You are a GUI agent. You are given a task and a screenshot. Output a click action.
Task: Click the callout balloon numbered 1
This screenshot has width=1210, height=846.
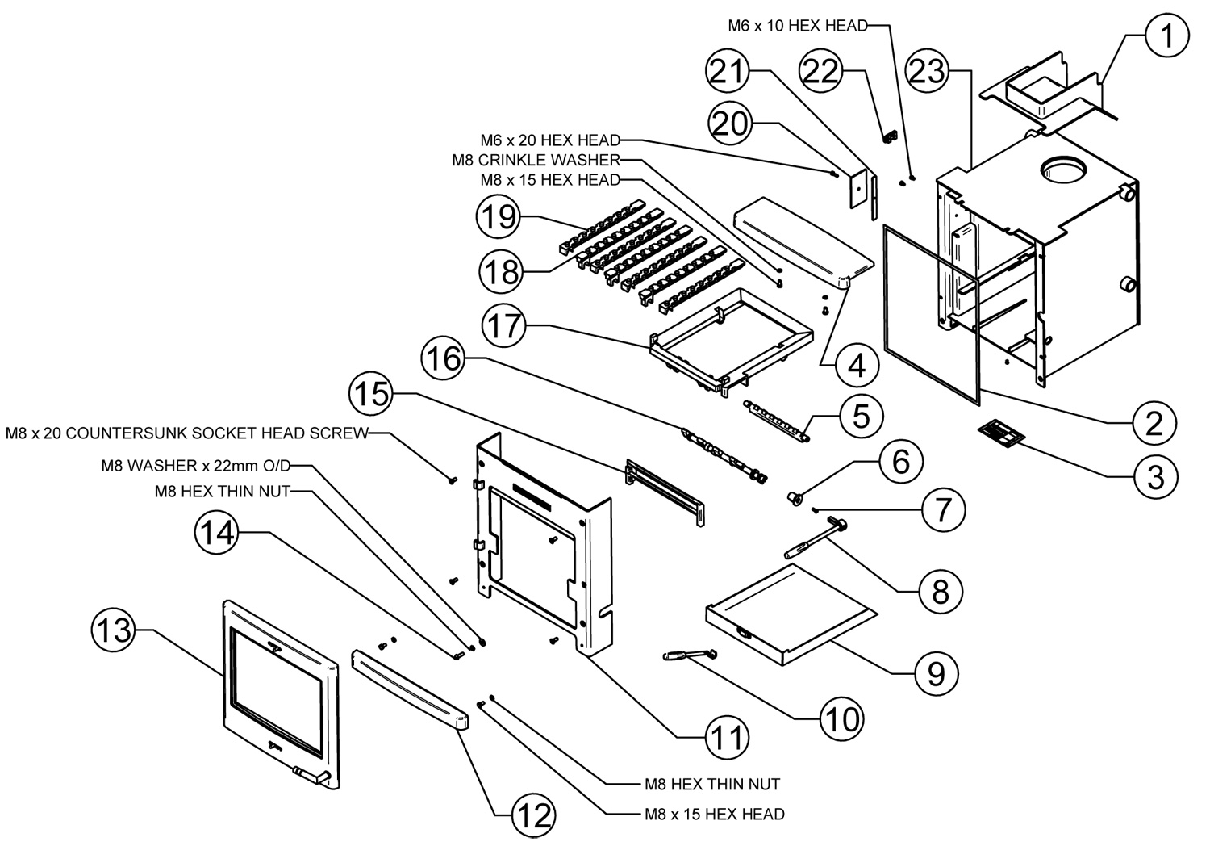click(x=1166, y=36)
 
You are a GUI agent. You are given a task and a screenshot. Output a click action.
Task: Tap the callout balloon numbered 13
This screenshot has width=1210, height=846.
click(x=114, y=630)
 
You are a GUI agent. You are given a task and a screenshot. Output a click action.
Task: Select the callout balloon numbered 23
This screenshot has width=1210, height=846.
click(x=927, y=71)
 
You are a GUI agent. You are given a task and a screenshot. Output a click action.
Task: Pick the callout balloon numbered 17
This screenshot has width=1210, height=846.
click(x=503, y=325)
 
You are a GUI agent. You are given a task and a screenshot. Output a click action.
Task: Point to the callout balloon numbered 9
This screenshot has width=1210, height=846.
click(x=936, y=673)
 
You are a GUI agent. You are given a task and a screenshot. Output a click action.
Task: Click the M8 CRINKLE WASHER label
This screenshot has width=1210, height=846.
click(x=536, y=160)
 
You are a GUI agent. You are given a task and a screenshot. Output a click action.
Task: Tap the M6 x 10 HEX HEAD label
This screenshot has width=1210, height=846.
click(x=797, y=25)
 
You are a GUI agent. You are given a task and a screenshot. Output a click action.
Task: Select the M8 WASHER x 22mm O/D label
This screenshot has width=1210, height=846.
click(x=195, y=466)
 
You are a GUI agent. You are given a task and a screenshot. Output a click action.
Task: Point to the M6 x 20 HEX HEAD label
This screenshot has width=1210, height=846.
click(x=550, y=140)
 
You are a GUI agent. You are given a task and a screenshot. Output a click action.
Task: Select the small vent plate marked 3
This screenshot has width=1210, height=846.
click(x=1001, y=433)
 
